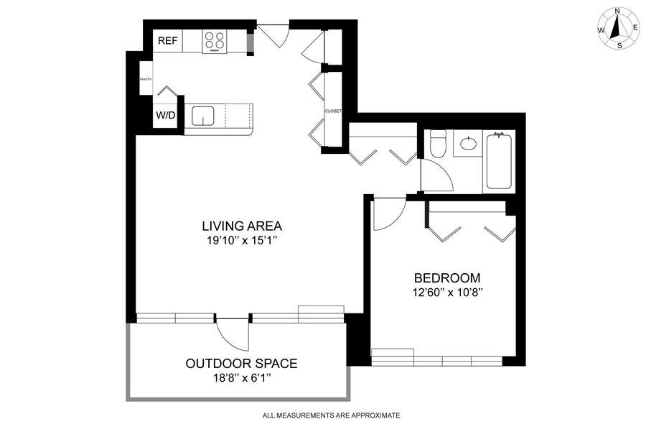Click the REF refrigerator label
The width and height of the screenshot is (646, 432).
click(168, 41)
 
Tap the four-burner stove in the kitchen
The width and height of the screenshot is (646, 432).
click(215, 42)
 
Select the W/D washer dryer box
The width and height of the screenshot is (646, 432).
click(166, 115)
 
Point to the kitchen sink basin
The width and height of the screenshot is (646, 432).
click(202, 116)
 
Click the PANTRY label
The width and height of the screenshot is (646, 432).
click(146, 79)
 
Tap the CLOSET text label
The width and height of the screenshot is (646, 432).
click(333, 111)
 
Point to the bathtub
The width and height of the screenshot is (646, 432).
click(499, 160)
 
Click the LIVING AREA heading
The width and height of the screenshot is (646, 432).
click(242, 226)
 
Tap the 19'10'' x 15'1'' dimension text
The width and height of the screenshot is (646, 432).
click(240, 240)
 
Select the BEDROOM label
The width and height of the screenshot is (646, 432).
click(447, 277)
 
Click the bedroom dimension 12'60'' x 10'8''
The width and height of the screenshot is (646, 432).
click(447, 293)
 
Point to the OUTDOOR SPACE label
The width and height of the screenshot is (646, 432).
click(241, 364)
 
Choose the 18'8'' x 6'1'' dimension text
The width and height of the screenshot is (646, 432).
click(241, 378)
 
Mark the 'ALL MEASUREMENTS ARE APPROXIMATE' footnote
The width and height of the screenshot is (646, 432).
click(331, 415)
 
